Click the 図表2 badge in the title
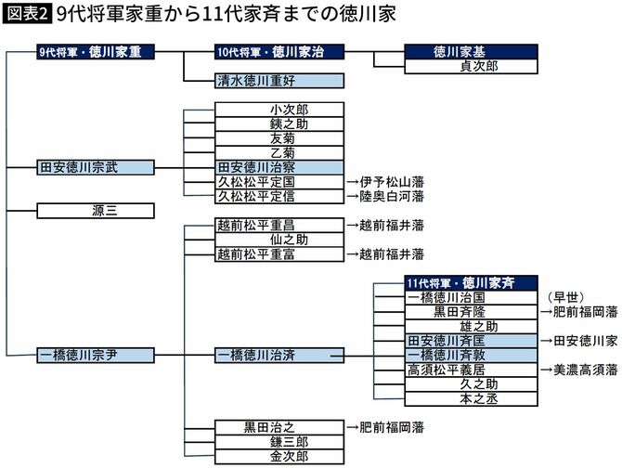click(27, 15)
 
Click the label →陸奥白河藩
click(385, 197)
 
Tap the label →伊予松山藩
click(385, 182)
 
